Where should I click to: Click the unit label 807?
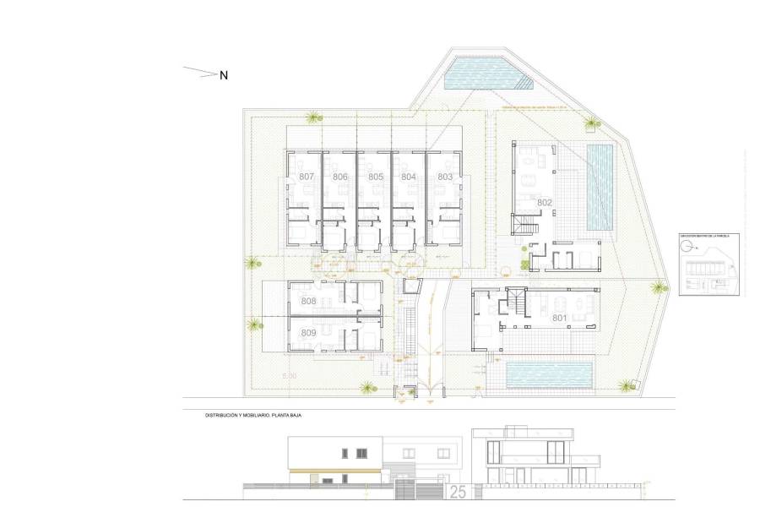[307, 177]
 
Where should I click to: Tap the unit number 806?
[340, 177]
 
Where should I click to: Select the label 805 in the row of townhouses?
[376, 177]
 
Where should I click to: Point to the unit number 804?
[409, 177]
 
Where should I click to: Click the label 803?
[445, 177]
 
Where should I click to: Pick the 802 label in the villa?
[545, 203]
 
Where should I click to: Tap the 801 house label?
[558, 319]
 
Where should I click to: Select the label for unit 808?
[308, 302]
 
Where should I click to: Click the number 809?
[308, 333]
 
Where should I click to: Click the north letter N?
[225, 76]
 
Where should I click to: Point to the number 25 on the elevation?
[458, 492]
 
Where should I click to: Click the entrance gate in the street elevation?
[410, 491]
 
